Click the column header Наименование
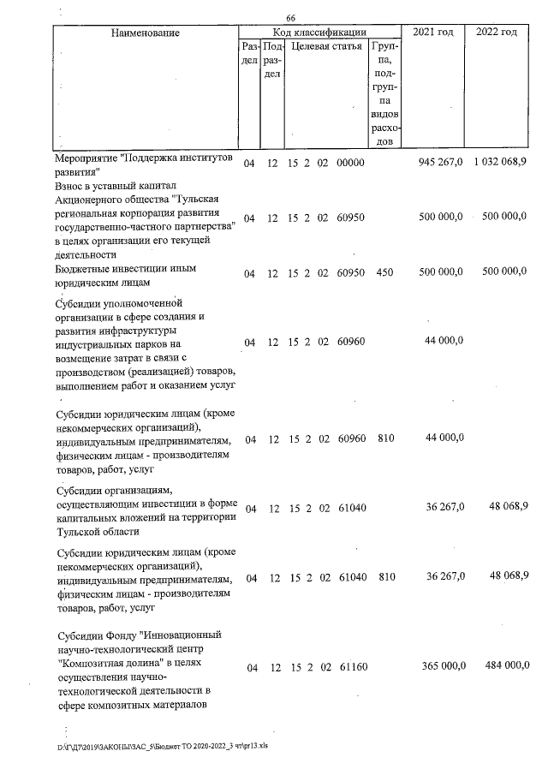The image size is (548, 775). [145, 33]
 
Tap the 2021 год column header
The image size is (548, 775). [433, 32]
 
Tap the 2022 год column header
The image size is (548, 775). [496, 32]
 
